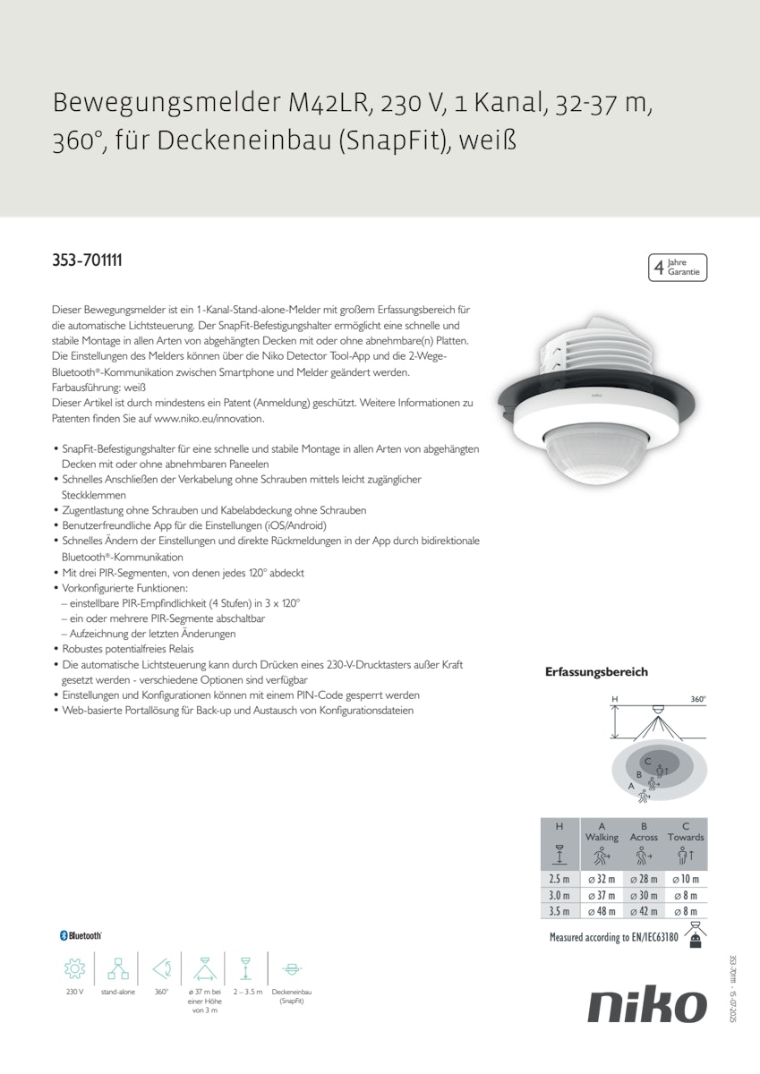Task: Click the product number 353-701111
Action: point(87,260)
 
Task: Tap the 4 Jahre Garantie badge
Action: point(677,268)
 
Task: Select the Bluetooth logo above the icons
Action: point(81,935)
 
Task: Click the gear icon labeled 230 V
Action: point(74,968)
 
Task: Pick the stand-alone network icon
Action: point(118,968)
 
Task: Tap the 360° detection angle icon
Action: point(161,968)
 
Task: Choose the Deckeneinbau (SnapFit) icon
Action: point(291,968)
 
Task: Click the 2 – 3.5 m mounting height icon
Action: point(245,968)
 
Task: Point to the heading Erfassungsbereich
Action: point(596,672)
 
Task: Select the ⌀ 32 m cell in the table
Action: point(601,880)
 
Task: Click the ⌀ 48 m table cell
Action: point(601,911)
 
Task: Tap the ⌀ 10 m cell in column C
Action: point(686,880)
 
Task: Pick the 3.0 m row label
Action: point(559,896)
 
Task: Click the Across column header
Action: point(644,838)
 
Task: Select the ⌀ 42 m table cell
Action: point(644,911)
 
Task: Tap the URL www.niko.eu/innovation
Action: point(203,419)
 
